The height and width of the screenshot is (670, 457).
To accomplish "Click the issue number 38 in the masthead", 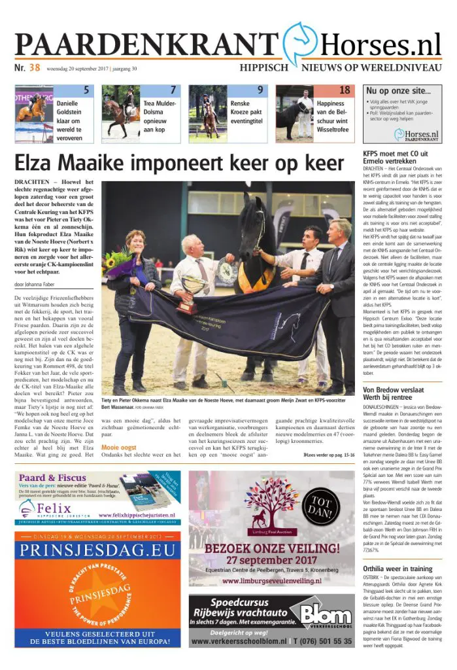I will click(34, 67).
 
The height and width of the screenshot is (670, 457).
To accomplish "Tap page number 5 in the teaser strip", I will click(86, 90).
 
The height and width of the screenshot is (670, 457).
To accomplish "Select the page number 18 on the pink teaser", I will click(345, 90).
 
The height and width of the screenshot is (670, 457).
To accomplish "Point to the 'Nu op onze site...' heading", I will click(398, 91).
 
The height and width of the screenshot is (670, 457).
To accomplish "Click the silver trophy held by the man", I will click(194, 286).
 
